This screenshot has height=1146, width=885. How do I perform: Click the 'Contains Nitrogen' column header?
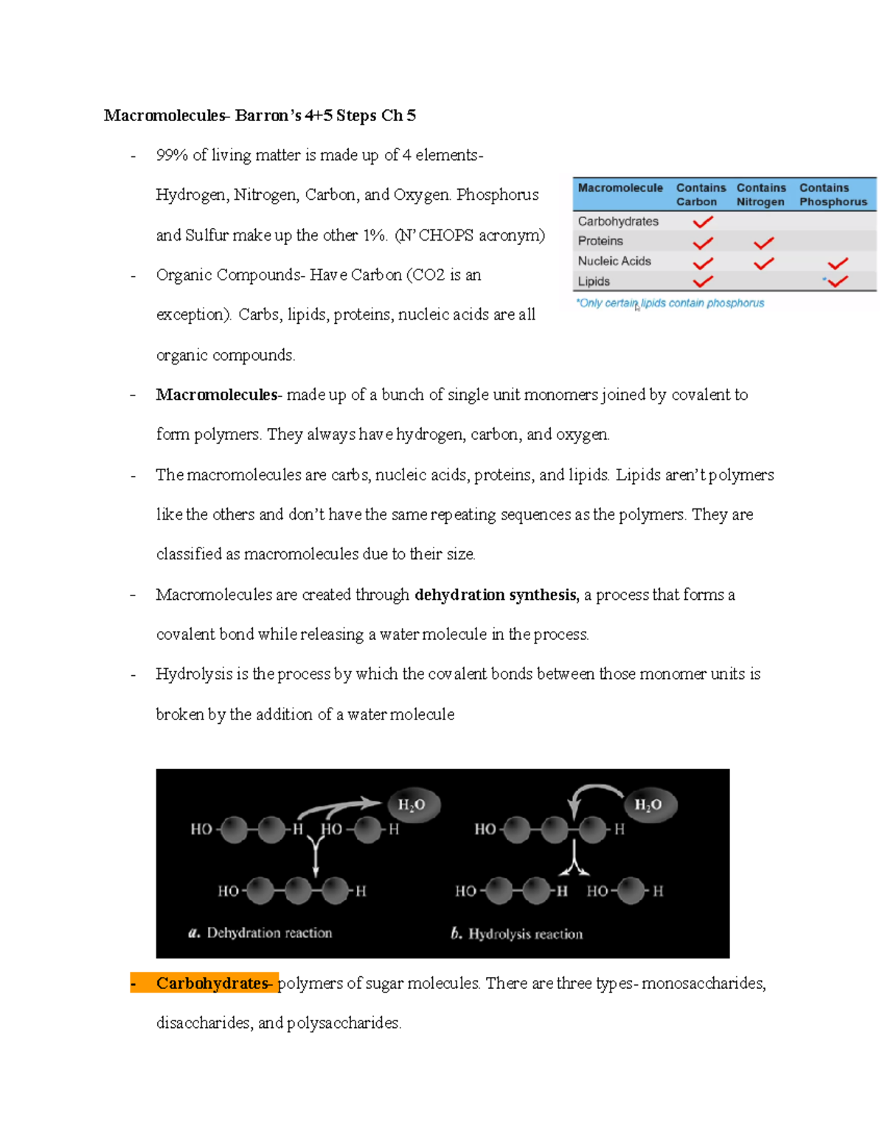[760, 195]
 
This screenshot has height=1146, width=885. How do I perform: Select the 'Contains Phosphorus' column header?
[833, 195]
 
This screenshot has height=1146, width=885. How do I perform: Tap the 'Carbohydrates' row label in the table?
[618, 221]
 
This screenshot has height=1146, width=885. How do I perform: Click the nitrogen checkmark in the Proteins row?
[763, 242]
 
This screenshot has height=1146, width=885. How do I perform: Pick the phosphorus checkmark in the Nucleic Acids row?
[837, 263]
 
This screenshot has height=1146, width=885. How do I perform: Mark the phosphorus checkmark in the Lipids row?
[837, 281]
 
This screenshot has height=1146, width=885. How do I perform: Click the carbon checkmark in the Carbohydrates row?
[703, 221]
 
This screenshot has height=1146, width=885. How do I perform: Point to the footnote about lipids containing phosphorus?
[670, 303]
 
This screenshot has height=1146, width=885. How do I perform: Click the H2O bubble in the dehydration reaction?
[412, 804]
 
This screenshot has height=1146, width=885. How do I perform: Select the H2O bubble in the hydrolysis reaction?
[648, 804]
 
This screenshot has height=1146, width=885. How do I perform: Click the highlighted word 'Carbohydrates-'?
[213, 984]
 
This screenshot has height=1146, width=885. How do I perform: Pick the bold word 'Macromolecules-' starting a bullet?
[218, 395]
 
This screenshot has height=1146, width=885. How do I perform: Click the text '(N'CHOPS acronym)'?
[470, 235]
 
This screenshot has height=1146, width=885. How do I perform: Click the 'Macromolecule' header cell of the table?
[620, 188]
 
